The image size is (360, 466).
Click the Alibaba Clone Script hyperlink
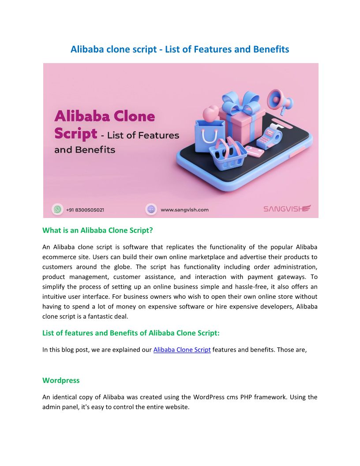182,350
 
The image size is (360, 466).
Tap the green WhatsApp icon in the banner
57,209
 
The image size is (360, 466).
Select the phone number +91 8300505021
85,210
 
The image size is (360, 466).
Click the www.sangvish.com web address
184,210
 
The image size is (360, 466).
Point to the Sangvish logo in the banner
287,209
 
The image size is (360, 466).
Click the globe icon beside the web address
151,209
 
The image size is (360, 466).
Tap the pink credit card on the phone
255,152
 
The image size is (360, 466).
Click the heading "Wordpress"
61,380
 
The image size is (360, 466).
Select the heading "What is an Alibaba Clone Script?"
97,230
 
